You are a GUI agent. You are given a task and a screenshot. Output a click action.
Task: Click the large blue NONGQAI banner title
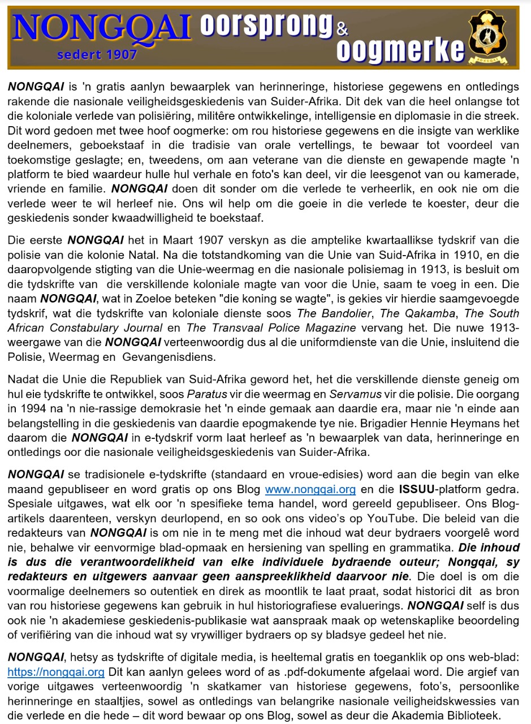pos(102,28)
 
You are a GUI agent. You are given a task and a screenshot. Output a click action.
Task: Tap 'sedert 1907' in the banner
pos(97,54)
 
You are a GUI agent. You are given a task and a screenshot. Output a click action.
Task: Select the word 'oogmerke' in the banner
pos(400,51)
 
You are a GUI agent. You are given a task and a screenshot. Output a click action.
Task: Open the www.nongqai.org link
pos(310,489)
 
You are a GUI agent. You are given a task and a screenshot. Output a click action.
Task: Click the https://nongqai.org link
pos(56,672)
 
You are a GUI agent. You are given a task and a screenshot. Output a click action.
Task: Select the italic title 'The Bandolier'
pos(333,313)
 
